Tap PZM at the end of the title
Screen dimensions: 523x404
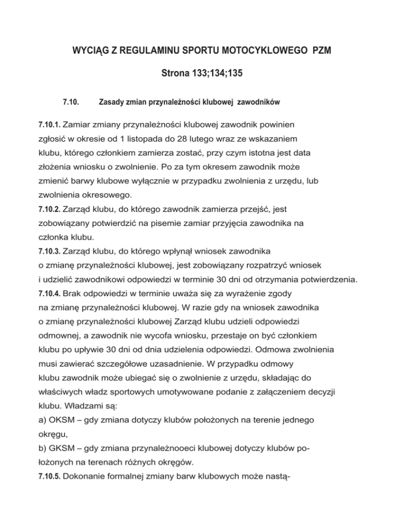pos(320,53)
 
